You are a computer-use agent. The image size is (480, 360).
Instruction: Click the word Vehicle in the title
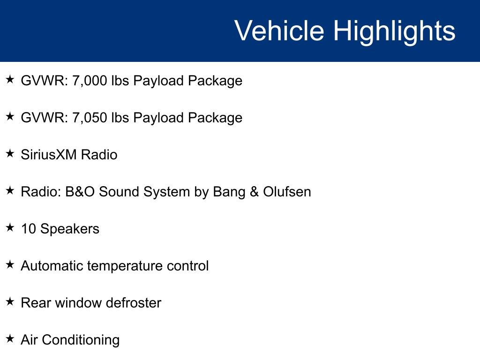[279, 31]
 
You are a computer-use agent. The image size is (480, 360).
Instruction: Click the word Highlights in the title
[394, 31]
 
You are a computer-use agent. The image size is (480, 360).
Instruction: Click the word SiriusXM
[43, 155]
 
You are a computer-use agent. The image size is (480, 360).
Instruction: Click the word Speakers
[70, 229]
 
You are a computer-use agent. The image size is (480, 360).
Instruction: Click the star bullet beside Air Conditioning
[10, 338]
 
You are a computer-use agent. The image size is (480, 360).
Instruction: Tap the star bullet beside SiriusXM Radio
[10, 153]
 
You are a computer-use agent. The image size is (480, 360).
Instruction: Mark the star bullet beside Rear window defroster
[10, 301]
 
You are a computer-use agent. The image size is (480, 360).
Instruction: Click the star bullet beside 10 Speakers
[10, 227]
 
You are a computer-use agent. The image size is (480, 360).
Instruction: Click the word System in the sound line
[169, 192]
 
